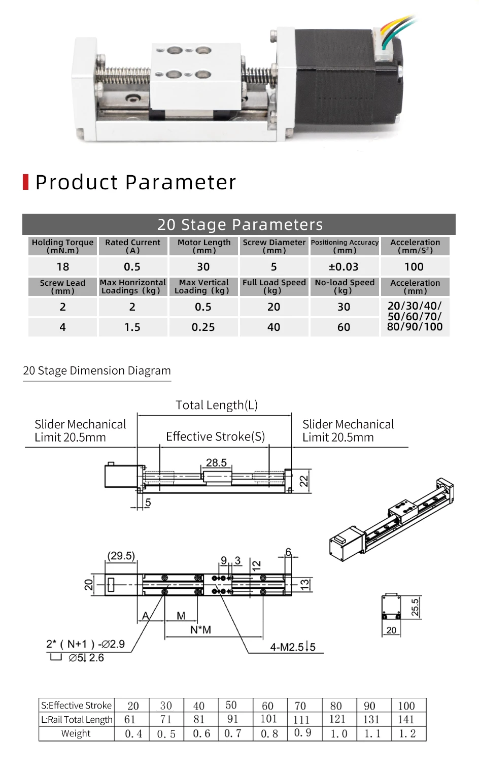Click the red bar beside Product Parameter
(25, 182)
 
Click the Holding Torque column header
(62, 246)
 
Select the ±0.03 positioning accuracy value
(344, 266)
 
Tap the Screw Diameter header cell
(274, 246)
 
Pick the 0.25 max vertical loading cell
(203, 327)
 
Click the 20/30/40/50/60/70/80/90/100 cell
(415, 316)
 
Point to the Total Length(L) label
(217, 405)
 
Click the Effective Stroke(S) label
(215, 437)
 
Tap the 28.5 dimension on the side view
(216, 462)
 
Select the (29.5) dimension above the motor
(121, 556)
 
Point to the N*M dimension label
(200, 630)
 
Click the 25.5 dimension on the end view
(415, 607)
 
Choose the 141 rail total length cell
(406, 719)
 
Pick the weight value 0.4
(133, 733)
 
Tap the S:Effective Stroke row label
(76, 706)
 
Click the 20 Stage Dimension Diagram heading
(97, 371)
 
